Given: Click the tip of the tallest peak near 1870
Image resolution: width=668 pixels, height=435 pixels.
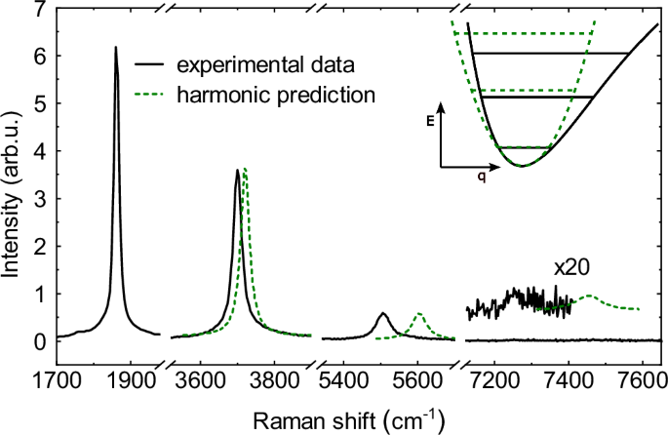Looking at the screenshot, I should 115,48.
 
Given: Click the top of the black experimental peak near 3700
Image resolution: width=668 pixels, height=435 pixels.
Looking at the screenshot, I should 237,171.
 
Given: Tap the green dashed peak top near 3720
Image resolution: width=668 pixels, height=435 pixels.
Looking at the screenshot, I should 245,169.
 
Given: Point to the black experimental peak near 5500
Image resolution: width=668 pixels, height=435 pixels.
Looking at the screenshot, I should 382,314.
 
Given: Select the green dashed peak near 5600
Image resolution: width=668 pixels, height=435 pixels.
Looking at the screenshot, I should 418,314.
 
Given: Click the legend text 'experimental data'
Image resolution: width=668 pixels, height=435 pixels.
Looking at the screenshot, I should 264,66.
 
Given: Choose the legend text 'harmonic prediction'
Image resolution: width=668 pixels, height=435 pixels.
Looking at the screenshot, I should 275,96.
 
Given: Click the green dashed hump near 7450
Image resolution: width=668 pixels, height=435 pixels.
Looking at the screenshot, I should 587,297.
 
